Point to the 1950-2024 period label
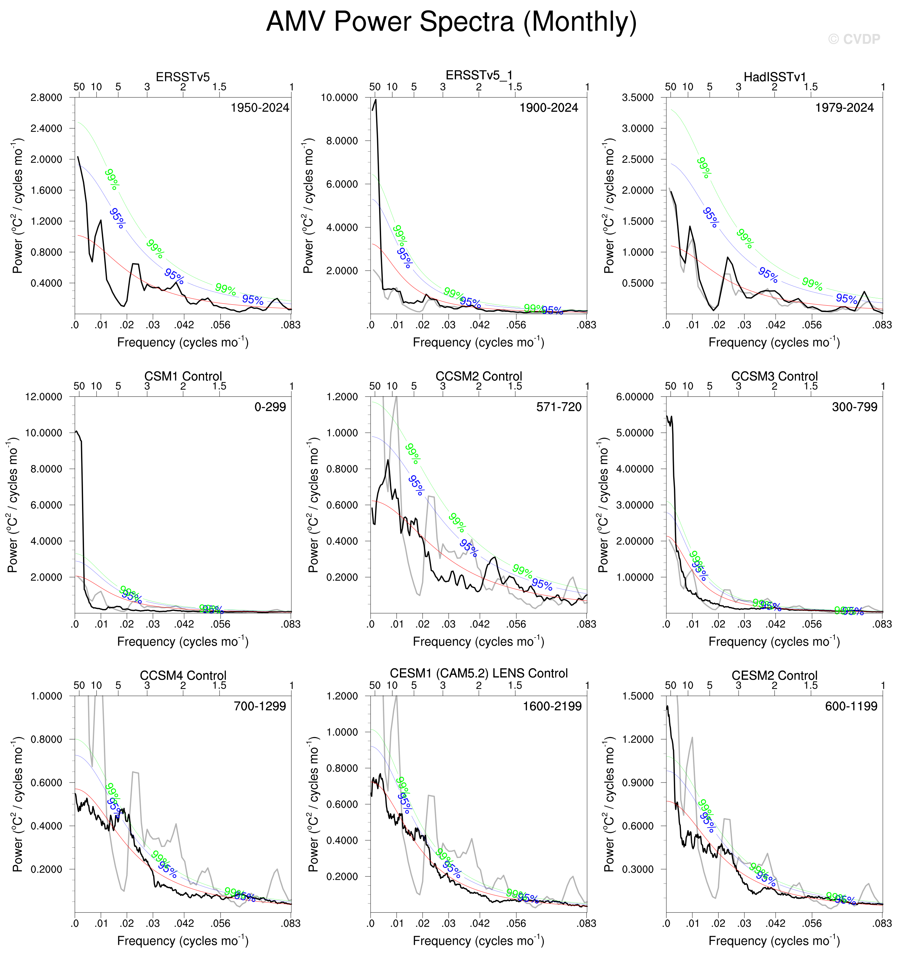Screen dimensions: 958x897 [x=260, y=108]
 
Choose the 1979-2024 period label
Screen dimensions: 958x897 [x=844, y=108]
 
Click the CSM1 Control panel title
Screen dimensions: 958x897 [x=183, y=376]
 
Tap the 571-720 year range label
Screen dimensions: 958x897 [x=559, y=407]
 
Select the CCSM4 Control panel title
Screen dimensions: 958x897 [x=183, y=676]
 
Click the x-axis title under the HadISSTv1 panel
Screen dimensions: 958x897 [x=774, y=342]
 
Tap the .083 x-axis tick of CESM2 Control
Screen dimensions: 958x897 [x=882, y=923]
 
